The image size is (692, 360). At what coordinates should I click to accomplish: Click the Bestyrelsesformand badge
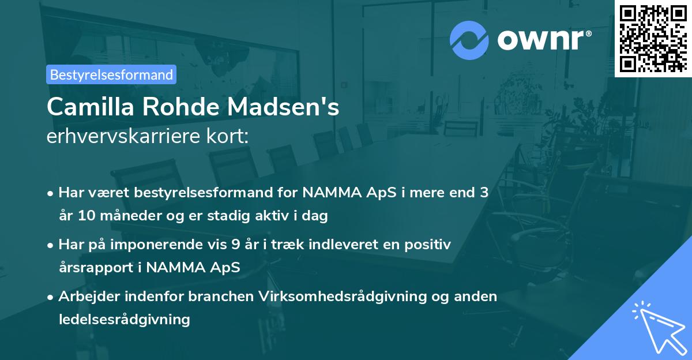coord(111,74)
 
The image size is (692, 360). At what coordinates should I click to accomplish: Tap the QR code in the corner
coord(653,38)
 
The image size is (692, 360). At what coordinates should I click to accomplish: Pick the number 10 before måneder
coord(86,216)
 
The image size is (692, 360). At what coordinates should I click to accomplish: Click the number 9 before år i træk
coord(235,245)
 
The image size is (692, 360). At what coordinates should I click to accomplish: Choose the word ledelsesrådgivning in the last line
coord(124,319)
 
